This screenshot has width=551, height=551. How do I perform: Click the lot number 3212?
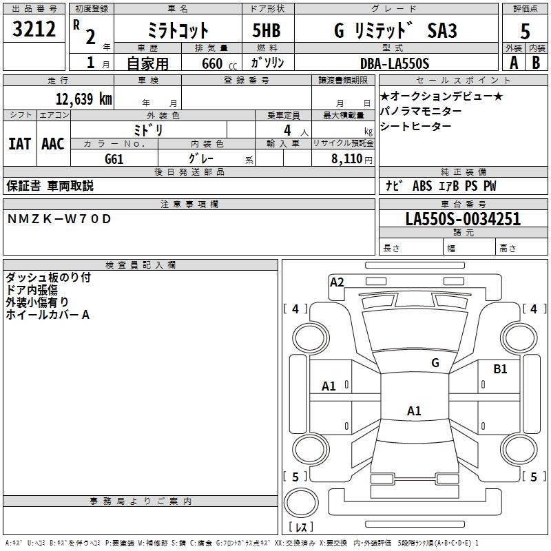[34, 30]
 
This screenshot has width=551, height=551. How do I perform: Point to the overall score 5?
[525, 31]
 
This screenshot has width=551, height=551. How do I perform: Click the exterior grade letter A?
[512, 63]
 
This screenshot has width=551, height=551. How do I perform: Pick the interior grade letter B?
[536, 63]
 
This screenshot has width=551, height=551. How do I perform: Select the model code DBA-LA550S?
[394, 63]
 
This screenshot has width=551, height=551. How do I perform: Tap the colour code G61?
[114, 158]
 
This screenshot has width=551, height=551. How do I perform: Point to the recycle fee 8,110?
[347, 158]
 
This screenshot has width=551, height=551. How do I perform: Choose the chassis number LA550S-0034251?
[463, 220]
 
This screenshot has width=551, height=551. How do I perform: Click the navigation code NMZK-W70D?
[59, 219]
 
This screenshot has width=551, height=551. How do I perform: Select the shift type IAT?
[19, 144]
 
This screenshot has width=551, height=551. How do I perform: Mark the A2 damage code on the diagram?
[337, 282]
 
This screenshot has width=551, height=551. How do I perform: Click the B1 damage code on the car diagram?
[500, 369]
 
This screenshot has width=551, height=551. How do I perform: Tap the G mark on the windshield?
[435, 363]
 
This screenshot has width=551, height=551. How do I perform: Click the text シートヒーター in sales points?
[415, 126]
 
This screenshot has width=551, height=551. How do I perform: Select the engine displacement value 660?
[211, 63]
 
